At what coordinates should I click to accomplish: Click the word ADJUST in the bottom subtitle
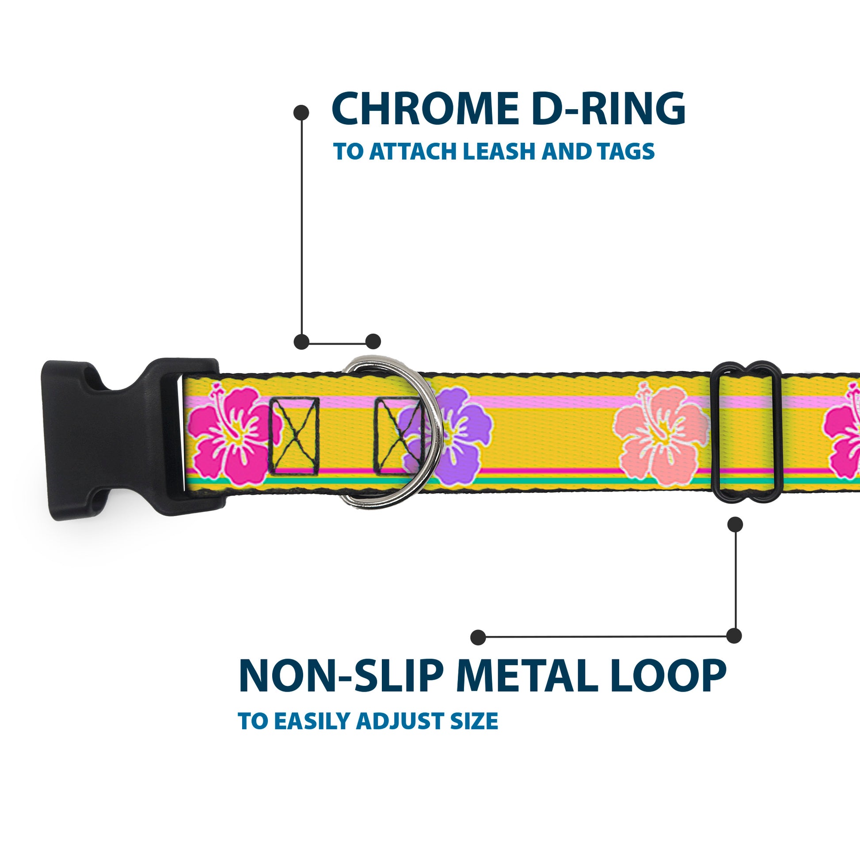click(400, 721)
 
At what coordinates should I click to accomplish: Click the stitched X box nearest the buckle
click(294, 436)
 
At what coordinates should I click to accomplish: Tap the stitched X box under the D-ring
click(397, 436)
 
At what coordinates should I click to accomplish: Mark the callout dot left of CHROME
click(301, 113)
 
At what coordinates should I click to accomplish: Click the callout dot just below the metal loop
click(735, 525)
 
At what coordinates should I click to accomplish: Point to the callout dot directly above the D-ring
click(373, 342)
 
